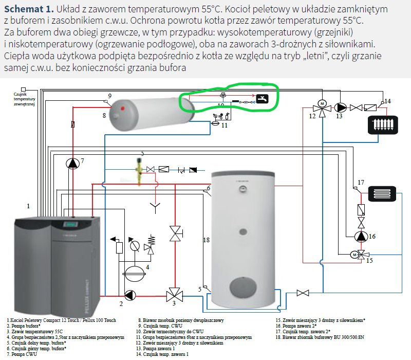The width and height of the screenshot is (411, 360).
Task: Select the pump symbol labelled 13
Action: coord(340,108)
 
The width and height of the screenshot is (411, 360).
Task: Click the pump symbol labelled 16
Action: coord(361,236)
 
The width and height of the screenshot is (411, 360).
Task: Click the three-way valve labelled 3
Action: coord(171,296)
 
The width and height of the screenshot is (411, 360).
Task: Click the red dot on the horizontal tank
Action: coord(122,109)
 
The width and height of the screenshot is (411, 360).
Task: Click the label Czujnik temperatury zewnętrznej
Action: coord(25,97)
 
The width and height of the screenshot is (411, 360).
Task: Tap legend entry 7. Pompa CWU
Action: coord(23,354)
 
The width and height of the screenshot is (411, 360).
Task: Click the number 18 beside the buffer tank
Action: coord(207,240)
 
